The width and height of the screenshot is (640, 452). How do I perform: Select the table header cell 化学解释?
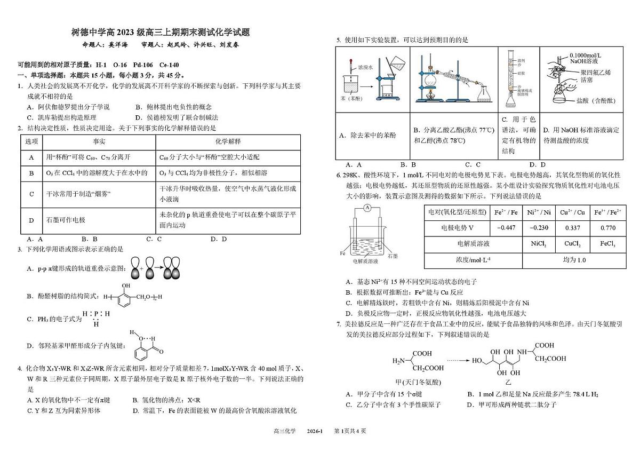[228, 141]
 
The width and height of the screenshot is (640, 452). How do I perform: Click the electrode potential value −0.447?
[506, 228]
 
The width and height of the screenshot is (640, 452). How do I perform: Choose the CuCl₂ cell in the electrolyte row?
[573, 244]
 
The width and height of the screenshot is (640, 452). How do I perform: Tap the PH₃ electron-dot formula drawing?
[96, 318]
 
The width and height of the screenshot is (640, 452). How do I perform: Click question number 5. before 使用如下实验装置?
[339, 40]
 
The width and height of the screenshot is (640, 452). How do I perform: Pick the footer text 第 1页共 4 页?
[349, 431]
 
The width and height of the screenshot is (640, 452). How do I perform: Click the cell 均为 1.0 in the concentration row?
[574, 260]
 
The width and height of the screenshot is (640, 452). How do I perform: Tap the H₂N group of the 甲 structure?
[399, 361]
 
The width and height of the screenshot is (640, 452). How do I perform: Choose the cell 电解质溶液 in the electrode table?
[473, 244]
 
